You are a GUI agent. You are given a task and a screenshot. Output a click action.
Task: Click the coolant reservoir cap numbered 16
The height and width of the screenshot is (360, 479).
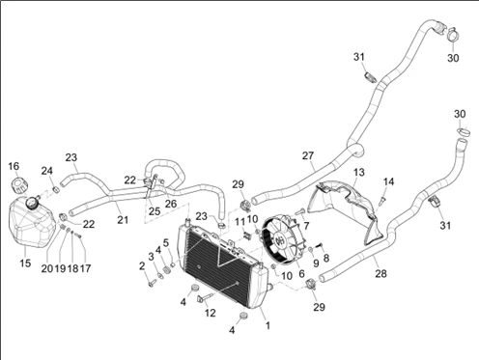[19, 185]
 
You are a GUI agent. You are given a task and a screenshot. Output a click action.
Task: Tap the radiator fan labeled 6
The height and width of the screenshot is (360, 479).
[281, 240]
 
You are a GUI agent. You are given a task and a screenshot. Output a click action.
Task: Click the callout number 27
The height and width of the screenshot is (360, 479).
[308, 155]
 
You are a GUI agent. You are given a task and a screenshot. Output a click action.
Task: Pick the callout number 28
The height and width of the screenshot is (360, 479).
[380, 274]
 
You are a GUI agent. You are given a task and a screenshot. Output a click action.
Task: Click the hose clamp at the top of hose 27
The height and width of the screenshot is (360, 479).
[454, 34]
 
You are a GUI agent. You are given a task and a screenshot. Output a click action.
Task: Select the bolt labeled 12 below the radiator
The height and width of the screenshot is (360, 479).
[205, 298]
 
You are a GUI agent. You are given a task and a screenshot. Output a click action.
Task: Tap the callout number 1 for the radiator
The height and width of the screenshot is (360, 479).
[268, 326]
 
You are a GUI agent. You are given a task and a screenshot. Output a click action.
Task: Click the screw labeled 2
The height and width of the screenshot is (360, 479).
[152, 283]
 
